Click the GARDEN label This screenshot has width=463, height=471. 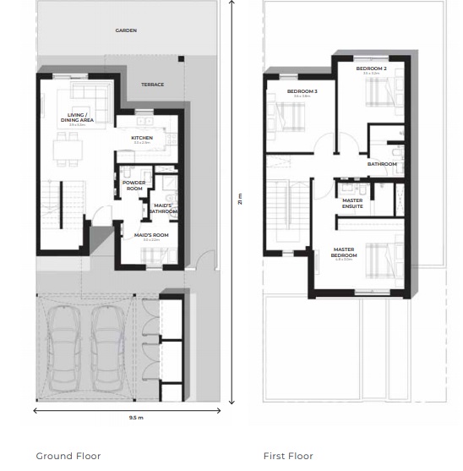click(x=126, y=30)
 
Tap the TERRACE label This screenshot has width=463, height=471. click(x=153, y=85)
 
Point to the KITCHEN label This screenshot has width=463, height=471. click(x=141, y=138)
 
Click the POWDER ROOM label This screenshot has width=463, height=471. click(x=133, y=185)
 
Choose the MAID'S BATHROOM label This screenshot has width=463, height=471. click(x=163, y=208)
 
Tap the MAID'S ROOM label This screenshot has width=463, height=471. click(x=152, y=235)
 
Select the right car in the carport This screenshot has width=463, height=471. click(x=106, y=346)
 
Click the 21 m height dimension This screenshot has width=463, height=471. click(x=240, y=199)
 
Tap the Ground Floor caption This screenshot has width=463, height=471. click(x=68, y=456)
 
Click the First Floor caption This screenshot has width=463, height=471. click(x=288, y=456)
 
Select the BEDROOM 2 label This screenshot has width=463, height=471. click(x=372, y=68)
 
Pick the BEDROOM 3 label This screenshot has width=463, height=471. click(x=302, y=91)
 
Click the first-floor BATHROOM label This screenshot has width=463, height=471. click(x=382, y=164)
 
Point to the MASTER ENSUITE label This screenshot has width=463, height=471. click(x=352, y=203)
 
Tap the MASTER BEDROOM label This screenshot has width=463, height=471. click(x=344, y=252)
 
